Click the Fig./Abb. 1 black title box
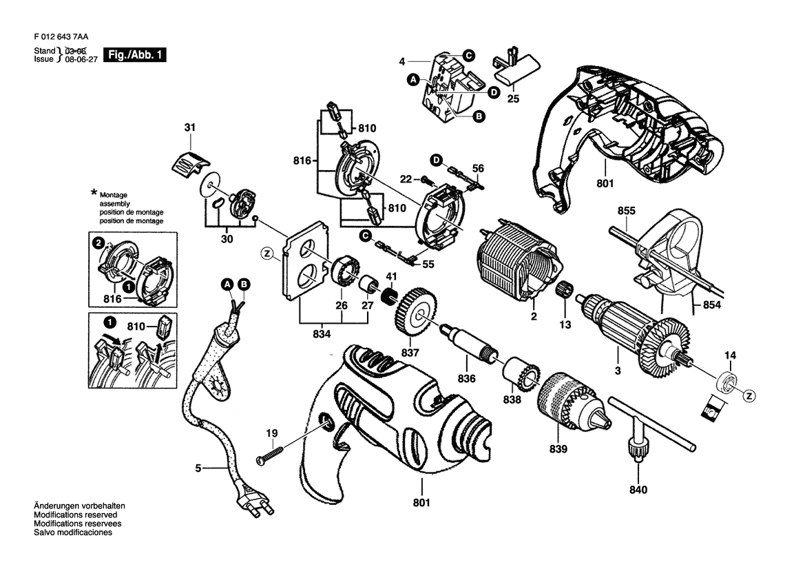pyautogui.click(x=135, y=55)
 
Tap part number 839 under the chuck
pyautogui.click(x=558, y=449)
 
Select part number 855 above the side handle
pyautogui.click(x=627, y=211)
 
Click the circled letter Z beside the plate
pyautogui.click(x=267, y=253)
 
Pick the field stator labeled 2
pyautogui.click(x=519, y=267)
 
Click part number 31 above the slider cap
pyautogui.click(x=190, y=127)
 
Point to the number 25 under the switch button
pyautogui.click(x=513, y=99)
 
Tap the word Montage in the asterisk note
pyautogui.click(x=114, y=195)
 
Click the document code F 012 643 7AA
pyautogui.click(x=61, y=37)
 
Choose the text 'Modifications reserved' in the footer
pyautogui.click(x=76, y=515)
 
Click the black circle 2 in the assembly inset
pyautogui.click(x=97, y=243)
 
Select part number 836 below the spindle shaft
pyautogui.click(x=466, y=378)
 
